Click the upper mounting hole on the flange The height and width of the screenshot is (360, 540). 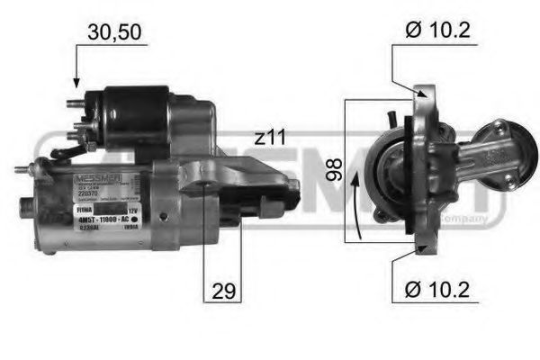(421, 93)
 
